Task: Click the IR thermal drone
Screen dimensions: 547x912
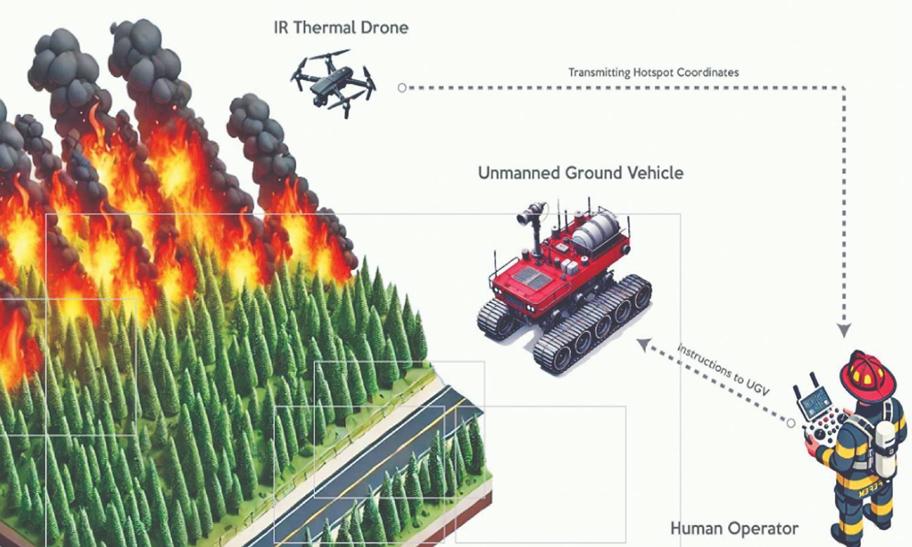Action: [332, 84]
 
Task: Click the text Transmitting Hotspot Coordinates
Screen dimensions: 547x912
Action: [654, 72]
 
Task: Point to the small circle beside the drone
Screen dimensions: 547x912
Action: [402, 88]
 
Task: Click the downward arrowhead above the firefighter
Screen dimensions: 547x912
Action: [843, 330]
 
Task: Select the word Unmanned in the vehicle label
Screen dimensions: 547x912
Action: [518, 173]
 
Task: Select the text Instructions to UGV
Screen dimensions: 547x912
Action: [724, 369]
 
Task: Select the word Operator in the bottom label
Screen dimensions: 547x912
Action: [764, 529]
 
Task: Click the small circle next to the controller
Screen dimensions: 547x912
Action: [791, 423]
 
